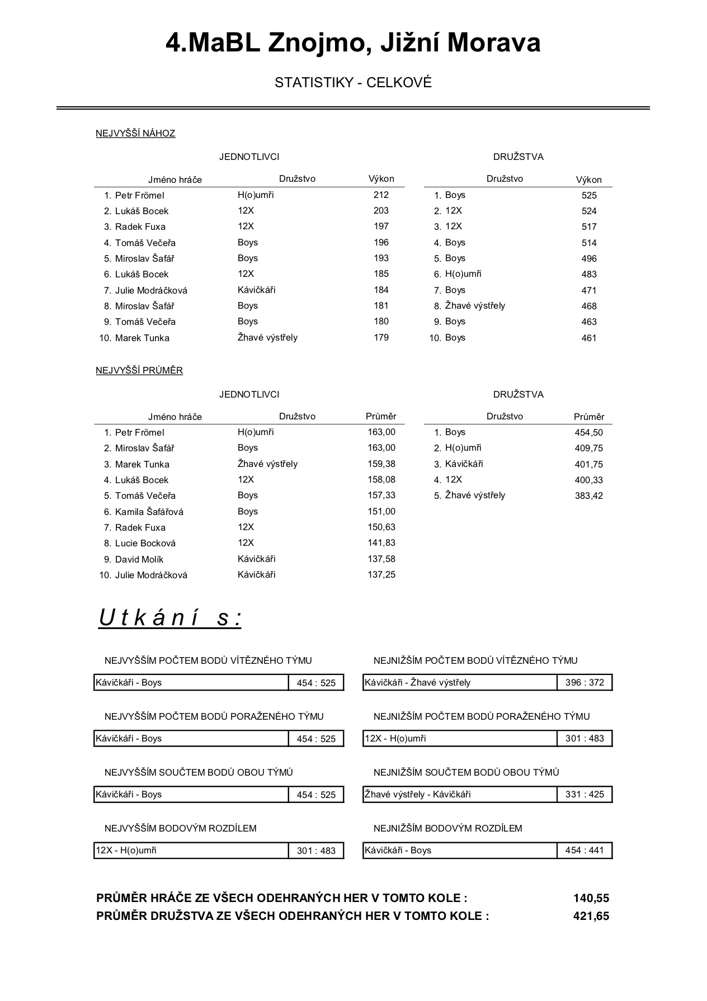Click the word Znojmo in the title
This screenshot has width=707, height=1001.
[317, 43]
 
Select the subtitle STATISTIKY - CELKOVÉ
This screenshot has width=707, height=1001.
[353, 83]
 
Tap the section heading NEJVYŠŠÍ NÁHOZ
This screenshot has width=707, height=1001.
[135, 133]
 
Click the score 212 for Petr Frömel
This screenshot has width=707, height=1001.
[381, 195]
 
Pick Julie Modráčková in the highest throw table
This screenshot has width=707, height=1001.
[151, 290]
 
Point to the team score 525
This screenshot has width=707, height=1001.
[589, 195]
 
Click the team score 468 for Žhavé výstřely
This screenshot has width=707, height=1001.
[589, 306]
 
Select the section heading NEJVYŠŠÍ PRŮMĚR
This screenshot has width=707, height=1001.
[139, 370]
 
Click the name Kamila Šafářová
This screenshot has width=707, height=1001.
[149, 512]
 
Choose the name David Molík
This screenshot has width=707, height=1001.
[139, 559]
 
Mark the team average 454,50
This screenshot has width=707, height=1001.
[589, 432]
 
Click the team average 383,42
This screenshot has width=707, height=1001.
[589, 495]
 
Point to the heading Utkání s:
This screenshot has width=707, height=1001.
[170, 618]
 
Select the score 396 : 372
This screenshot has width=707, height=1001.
[585, 682]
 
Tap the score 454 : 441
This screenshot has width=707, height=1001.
[585, 850]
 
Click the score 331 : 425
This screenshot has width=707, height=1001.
[585, 794]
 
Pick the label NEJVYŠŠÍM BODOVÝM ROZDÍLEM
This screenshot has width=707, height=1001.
[181, 828]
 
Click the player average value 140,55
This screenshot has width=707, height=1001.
[591, 898]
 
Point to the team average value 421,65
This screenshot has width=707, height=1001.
[591, 916]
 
